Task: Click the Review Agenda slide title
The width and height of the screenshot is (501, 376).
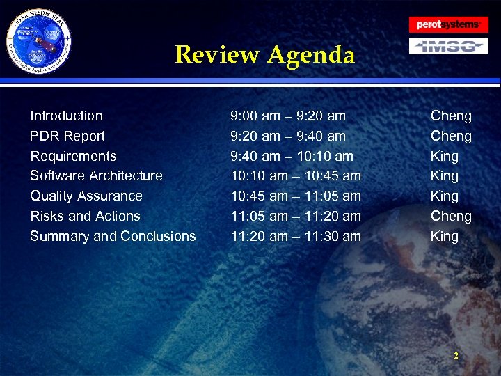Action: [264, 54]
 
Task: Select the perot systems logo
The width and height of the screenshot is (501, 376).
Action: [448, 24]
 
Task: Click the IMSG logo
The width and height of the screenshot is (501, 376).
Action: [447, 47]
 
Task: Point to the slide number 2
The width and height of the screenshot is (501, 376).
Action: [456, 356]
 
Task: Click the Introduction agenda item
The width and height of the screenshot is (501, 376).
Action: [66, 116]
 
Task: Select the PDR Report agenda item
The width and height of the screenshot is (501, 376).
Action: [67, 136]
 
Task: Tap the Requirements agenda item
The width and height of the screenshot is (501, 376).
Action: [73, 156]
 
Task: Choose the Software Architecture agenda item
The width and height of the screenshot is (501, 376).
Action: [96, 175]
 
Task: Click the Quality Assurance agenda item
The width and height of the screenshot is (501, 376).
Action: [86, 196]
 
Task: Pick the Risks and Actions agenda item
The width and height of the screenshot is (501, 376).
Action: [85, 216]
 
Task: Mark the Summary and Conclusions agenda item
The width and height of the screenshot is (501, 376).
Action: [113, 236]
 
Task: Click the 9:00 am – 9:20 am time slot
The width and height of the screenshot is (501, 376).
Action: [288, 116]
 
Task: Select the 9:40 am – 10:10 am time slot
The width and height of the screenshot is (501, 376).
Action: [292, 156]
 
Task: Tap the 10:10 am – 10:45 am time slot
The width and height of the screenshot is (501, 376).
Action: [296, 175]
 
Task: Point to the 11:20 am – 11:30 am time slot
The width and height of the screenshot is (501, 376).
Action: [296, 236]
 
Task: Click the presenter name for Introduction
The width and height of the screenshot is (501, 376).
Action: [451, 116]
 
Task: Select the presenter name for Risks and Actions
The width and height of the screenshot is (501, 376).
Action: [451, 216]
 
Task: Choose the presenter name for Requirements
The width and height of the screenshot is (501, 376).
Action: [445, 156]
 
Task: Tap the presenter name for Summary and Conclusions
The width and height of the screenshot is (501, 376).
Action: [445, 236]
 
